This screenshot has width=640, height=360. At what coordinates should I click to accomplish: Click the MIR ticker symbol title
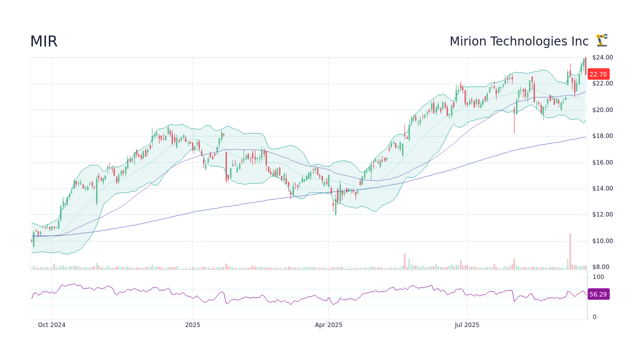pyautogui.click(x=44, y=41)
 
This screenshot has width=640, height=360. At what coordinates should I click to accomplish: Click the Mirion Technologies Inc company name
pyautogui.click(x=519, y=41)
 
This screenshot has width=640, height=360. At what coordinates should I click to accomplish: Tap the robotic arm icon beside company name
pyautogui.click(x=601, y=40)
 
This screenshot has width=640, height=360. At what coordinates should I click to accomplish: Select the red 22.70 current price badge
pyautogui.click(x=598, y=74)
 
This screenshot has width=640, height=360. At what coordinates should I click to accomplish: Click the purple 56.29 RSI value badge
pyautogui.click(x=598, y=294)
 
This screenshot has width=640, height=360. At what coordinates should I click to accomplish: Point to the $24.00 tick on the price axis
pyautogui.click(x=602, y=57)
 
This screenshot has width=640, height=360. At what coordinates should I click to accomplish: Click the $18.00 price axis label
pyautogui.click(x=602, y=136)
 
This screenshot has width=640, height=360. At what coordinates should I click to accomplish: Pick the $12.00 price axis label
pyautogui.click(x=602, y=214)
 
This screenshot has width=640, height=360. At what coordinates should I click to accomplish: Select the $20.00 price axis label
pyautogui.click(x=602, y=110)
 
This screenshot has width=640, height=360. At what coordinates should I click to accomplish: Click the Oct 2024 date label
pyautogui.click(x=51, y=325)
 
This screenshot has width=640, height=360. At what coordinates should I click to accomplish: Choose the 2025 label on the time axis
pyautogui.click(x=192, y=325)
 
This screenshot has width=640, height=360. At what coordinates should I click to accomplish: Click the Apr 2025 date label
pyautogui.click(x=328, y=325)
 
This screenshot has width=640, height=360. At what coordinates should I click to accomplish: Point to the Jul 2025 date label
pyautogui.click(x=467, y=325)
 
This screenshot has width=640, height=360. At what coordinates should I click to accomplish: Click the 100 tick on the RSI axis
pyautogui.click(x=598, y=277)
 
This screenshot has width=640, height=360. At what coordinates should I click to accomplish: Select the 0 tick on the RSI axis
pyautogui.click(x=594, y=317)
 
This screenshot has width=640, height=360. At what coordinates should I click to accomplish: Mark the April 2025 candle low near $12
pyautogui.click(x=335, y=213)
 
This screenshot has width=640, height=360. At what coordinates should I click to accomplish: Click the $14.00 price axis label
pyautogui.click(x=602, y=188)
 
